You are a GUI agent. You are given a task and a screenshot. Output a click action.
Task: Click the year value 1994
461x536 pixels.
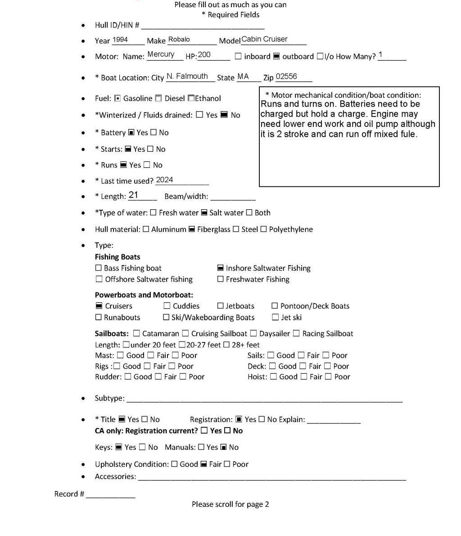pos(120,40)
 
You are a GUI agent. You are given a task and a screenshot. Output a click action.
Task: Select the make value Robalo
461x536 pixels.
pos(179,40)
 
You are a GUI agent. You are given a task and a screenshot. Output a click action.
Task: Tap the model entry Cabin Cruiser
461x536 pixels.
pos(264,39)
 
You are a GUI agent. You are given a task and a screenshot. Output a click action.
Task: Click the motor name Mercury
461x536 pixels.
pos(161,54)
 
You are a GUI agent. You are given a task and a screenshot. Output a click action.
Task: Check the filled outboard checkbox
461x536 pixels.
pos(276,56)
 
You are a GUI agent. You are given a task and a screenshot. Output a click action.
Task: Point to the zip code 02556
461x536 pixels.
pos(286,77)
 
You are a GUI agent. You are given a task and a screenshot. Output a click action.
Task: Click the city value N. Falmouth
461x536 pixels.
pos(187,77)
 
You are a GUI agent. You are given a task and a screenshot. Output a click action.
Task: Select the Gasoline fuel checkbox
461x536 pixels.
pos(118,98)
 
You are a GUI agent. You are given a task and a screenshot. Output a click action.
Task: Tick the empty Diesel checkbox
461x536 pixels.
pos(158,98)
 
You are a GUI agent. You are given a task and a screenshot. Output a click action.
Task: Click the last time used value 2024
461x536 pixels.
pos(164,180)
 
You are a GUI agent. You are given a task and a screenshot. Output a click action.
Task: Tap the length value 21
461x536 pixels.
pos(133,195)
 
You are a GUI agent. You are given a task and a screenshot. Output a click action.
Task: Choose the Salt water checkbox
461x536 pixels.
pos(204,212)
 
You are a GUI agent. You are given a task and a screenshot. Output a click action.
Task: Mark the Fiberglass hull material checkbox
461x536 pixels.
pos(191,229)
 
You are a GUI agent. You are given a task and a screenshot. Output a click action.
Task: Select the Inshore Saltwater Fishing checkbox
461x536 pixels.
pos(221,268)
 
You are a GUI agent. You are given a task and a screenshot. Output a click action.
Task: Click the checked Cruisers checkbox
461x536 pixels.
pos(99,306)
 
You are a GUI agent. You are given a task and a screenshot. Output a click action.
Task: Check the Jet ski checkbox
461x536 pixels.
pos(275,317)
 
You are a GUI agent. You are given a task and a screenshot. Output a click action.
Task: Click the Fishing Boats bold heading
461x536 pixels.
pos(118,257)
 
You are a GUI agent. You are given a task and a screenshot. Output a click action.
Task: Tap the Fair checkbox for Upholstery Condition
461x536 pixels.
pos(203,464)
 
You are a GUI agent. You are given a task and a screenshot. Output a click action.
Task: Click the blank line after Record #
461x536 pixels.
pos(110,495)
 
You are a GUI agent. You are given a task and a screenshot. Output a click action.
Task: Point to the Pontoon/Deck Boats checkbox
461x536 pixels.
pos(275,306)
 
